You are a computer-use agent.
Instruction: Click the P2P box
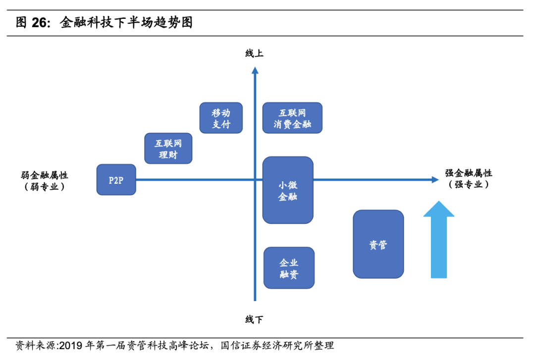(116, 180)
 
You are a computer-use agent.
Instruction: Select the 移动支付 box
(221, 118)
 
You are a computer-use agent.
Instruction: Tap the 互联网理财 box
(168, 149)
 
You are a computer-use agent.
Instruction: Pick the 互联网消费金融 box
(292, 118)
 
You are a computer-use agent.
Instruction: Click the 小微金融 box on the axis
(288, 190)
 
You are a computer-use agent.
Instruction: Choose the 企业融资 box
(289, 268)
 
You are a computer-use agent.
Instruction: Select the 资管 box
(378, 244)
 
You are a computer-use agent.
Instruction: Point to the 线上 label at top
(255, 53)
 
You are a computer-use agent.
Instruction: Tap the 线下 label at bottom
(255, 319)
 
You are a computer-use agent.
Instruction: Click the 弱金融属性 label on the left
(45, 175)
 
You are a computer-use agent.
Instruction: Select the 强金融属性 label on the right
(469, 173)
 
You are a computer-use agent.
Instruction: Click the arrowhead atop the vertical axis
(255, 71)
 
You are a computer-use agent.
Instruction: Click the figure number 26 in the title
(41, 23)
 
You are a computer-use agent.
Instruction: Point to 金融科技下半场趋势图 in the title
(126, 23)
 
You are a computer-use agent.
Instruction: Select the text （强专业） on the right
(469, 185)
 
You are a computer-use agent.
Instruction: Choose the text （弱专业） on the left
(45, 187)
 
